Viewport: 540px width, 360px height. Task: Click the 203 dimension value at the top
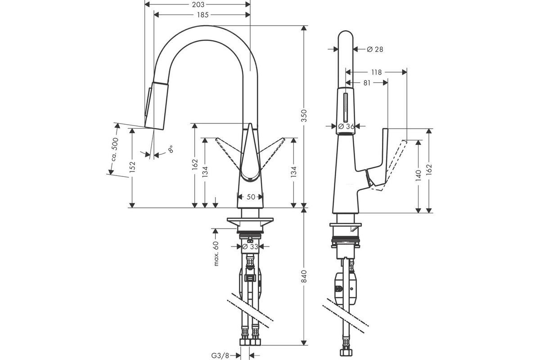(x=198, y=4)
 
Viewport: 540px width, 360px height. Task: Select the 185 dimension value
(x=203, y=15)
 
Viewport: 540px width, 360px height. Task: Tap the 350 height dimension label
(x=304, y=116)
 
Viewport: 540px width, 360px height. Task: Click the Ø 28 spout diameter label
(x=375, y=49)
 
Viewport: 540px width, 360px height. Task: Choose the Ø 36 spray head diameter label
(x=346, y=126)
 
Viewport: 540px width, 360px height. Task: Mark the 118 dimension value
(x=376, y=72)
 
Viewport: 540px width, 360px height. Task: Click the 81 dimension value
(x=367, y=83)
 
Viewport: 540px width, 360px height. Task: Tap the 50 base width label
(x=251, y=197)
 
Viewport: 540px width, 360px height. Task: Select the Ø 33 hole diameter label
(x=250, y=247)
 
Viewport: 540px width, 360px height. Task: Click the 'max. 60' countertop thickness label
(x=216, y=253)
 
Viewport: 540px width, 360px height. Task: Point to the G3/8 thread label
(x=220, y=355)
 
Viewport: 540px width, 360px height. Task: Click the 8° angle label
(x=171, y=149)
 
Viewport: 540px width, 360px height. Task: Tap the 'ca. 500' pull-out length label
(x=115, y=149)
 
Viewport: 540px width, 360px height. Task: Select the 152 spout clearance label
(x=132, y=167)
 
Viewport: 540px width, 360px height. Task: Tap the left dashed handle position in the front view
(x=229, y=153)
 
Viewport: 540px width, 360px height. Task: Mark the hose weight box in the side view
(x=345, y=288)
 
